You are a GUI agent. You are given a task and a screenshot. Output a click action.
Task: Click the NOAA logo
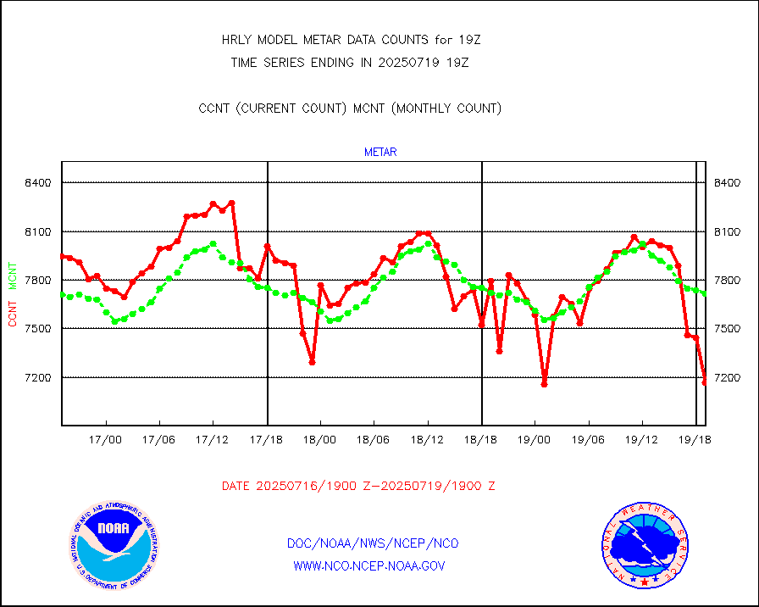coord(113,547)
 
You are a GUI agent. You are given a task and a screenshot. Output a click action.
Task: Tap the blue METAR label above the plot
coord(380,153)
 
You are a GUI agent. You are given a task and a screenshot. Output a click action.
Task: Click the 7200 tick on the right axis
coord(729,377)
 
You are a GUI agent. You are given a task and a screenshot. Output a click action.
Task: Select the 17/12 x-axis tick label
coord(213,440)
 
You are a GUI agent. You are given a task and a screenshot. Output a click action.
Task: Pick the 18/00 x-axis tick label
coord(320,440)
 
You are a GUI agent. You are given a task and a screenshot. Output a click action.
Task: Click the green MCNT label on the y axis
coord(13,275)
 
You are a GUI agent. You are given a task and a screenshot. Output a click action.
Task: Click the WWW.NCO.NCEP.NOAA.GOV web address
coord(368,565)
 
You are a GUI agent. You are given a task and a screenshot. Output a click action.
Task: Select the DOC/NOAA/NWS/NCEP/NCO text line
coord(373,543)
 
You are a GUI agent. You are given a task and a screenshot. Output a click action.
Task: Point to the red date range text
coord(358,487)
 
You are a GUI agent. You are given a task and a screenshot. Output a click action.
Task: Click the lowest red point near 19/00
coord(544,384)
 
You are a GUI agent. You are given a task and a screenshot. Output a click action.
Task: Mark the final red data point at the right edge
coord(705,382)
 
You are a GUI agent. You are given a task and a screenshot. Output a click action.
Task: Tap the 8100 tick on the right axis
coord(729,232)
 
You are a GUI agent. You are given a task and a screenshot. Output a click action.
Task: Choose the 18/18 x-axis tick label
coord(481,440)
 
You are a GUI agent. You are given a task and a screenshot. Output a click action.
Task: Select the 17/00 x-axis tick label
coord(106,440)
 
